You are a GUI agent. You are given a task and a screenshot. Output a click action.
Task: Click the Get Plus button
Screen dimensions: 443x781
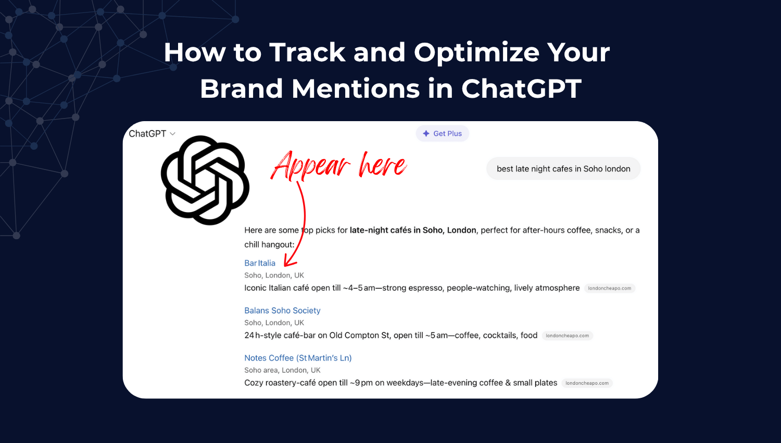coord(443,134)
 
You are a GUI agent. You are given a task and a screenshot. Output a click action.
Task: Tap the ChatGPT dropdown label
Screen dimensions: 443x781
coord(147,134)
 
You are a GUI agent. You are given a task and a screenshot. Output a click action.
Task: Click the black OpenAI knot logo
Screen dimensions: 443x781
coord(205,180)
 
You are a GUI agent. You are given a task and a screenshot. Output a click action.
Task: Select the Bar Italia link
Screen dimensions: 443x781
coord(260,263)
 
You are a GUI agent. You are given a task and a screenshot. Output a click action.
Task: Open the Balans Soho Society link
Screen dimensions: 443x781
coord(282,310)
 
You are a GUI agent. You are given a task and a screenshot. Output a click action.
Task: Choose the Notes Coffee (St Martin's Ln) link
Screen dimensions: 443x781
coord(298,358)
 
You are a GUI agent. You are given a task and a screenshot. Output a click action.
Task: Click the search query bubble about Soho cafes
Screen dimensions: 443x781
coord(563,169)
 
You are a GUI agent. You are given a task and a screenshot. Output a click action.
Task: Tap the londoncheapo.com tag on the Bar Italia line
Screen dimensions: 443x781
coord(609,288)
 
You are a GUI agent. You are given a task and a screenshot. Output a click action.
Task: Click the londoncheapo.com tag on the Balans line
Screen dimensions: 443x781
coord(567,336)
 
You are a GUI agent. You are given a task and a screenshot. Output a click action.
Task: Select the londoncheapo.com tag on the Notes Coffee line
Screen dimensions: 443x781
coord(587,383)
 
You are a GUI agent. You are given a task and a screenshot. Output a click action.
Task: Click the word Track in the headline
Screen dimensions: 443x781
coord(307,53)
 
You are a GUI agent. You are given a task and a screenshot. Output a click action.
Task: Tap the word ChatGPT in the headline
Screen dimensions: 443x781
coord(521,88)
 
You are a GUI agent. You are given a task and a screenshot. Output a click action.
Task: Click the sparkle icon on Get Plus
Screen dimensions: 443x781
coord(426,134)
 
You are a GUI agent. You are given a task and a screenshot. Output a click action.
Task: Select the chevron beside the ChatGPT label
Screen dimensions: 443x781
coord(173,134)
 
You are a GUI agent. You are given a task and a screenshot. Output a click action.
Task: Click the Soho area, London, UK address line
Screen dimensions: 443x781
coord(282,370)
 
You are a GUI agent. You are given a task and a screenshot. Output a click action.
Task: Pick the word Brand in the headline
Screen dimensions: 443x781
coord(242,88)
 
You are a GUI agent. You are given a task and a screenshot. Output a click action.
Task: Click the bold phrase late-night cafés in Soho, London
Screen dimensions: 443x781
coord(413,230)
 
